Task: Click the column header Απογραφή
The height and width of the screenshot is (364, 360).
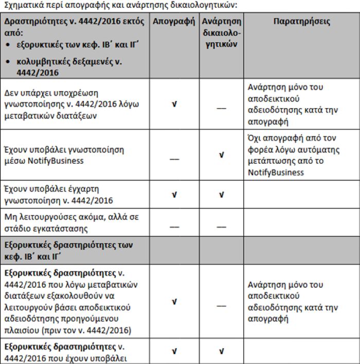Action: click(174, 22)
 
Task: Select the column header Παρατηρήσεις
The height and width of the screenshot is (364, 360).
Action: click(302, 22)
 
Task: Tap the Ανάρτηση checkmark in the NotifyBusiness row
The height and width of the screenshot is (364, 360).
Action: click(222, 154)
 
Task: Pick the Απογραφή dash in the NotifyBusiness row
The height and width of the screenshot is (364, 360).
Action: click(174, 160)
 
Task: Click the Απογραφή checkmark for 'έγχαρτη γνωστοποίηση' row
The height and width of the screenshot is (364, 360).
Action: click(174, 195)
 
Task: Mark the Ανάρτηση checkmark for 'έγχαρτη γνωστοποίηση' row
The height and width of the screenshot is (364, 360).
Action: click(222, 195)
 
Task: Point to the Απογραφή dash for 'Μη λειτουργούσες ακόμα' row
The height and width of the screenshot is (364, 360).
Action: click(174, 226)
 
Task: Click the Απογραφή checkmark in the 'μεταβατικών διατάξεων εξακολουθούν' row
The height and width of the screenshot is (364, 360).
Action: click(174, 301)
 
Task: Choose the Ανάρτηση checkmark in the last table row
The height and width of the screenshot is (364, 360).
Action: click(222, 351)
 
